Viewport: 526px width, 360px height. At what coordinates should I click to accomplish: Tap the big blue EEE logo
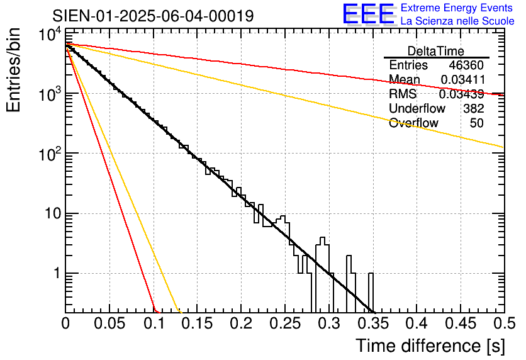point(368,14)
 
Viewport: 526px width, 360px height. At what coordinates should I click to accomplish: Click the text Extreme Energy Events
point(457,8)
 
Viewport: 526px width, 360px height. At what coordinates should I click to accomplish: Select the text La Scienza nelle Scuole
point(457,21)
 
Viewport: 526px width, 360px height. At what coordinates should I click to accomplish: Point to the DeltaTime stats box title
point(436,51)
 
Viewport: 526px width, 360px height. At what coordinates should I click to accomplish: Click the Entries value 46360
point(466,65)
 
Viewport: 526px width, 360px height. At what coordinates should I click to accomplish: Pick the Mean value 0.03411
point(462,80)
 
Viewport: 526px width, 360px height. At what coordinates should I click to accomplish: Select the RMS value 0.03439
point(461,94)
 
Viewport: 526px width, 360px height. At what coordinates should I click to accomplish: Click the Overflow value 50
point(477,123)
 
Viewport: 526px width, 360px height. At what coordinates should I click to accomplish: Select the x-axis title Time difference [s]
point(429,346)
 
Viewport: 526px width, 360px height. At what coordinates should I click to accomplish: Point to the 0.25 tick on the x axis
point(284,323)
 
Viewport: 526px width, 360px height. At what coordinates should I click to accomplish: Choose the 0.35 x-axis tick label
point(372,323)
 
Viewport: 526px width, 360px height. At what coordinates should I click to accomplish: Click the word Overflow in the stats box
point(413,123)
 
